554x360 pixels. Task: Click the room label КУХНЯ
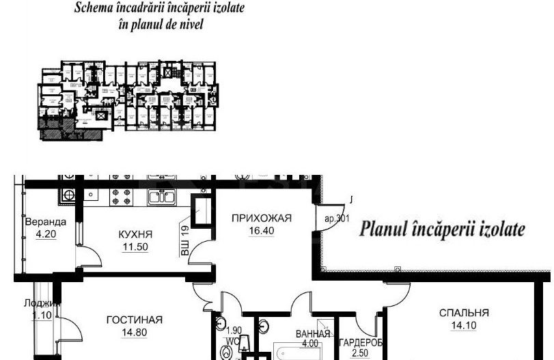[134, 234]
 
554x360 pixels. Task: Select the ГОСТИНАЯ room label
[134, 320]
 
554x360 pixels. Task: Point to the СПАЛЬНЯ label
[464, 313]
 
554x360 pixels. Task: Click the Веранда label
[45, 222]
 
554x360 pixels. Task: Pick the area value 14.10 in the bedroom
[464, 325]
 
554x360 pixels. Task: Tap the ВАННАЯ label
[313, 334]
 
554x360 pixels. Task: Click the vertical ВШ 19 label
[184, 241]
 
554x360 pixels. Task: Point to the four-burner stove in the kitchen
[125, 196]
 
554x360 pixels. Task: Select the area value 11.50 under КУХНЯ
[134, 247]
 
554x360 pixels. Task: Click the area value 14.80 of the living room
[134, 333]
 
